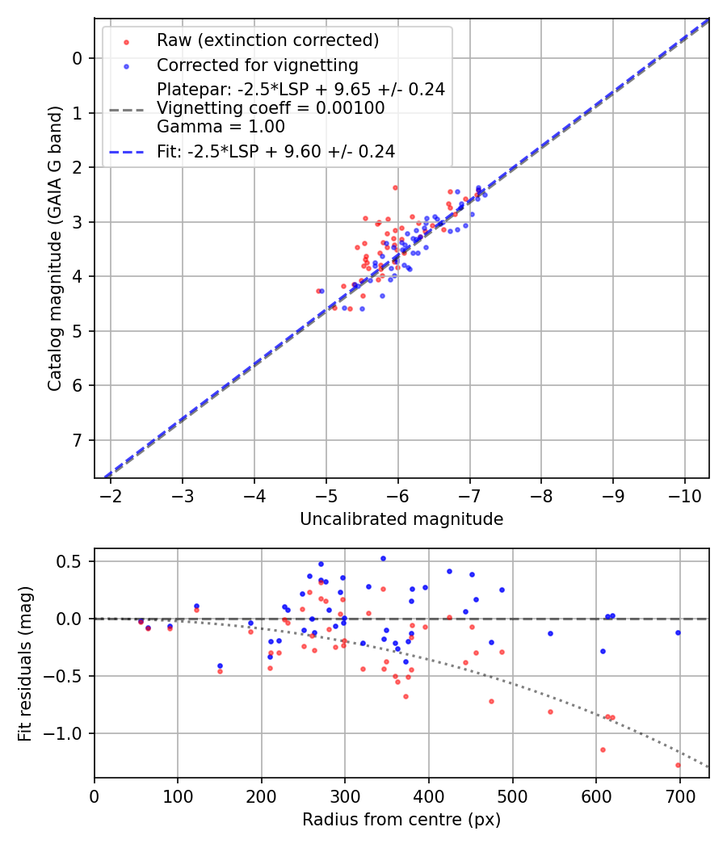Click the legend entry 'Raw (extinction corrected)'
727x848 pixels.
point(267,40)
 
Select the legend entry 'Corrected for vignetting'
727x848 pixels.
point(258,65)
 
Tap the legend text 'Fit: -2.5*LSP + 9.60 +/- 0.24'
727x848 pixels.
point(275,151)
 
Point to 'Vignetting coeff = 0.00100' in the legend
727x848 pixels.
point(271,108)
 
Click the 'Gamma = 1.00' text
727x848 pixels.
point(221,127)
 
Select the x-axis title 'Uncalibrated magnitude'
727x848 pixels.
point(401,519)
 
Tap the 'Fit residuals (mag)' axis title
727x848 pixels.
point(25,663)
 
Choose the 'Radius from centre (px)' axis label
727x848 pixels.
point(401,820)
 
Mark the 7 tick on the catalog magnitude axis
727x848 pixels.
point(78,440)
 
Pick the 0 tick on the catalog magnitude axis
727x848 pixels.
point(78,58)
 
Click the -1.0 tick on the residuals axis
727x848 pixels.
point(69,733)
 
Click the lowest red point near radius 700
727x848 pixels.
point(678,765)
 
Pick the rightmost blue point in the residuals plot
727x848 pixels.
point(678,632)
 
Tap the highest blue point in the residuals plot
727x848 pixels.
point(383,558)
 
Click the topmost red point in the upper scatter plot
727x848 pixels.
point(395,187)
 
